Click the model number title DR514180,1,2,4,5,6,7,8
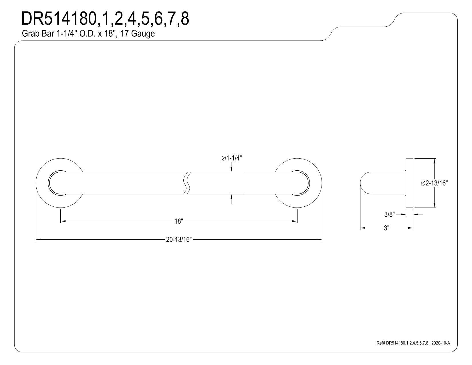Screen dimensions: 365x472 point(105,19)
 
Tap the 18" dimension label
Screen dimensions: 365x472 point(179,221)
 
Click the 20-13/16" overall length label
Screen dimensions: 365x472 point(179,240)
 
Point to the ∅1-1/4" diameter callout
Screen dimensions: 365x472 point(232,158)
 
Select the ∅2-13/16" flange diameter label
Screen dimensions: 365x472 point(434,183)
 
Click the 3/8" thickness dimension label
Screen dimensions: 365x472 point(389,214)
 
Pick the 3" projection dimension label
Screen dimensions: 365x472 point(386,228)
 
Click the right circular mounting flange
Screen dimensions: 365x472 point(316,183)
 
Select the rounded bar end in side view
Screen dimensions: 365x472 point(364,183)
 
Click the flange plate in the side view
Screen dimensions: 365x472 point(409,183)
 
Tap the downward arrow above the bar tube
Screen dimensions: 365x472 point(231,169)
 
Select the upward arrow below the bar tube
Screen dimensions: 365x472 point(231,197)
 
